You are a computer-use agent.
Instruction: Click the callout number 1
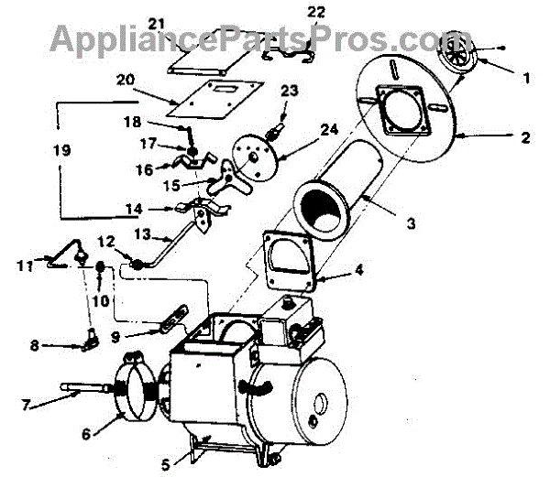point(526,79)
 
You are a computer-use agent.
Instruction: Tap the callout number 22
point(291,12)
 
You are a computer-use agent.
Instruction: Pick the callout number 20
point(126,79)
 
